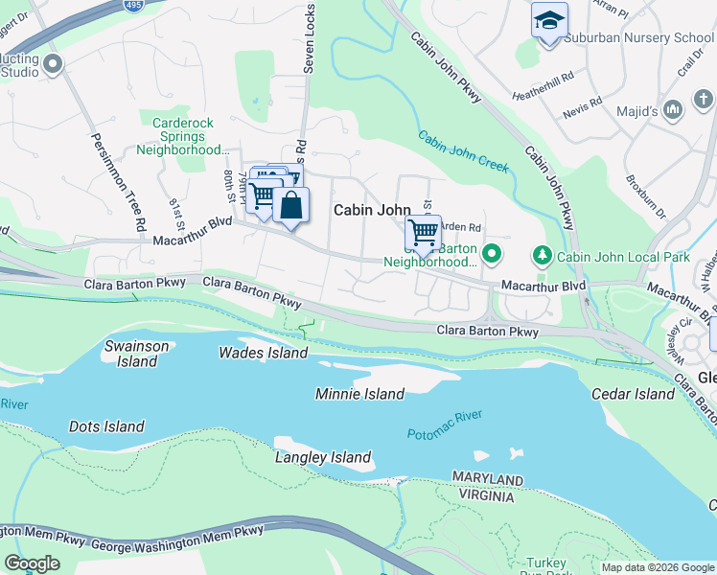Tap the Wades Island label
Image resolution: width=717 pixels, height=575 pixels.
coord(264,353)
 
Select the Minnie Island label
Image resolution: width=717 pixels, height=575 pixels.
coord(359,394)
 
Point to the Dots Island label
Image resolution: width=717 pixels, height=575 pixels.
coord(106,426)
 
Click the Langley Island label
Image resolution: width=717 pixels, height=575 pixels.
coord(323,458)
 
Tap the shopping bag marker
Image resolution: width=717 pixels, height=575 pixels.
coord(290,205)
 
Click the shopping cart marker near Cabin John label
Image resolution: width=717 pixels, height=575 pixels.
coord(423,232)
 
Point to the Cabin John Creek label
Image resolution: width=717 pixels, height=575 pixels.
coord(462,151)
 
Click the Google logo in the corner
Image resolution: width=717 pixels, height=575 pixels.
coord(33,563)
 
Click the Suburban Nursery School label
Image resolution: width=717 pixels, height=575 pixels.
coord(639,37)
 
